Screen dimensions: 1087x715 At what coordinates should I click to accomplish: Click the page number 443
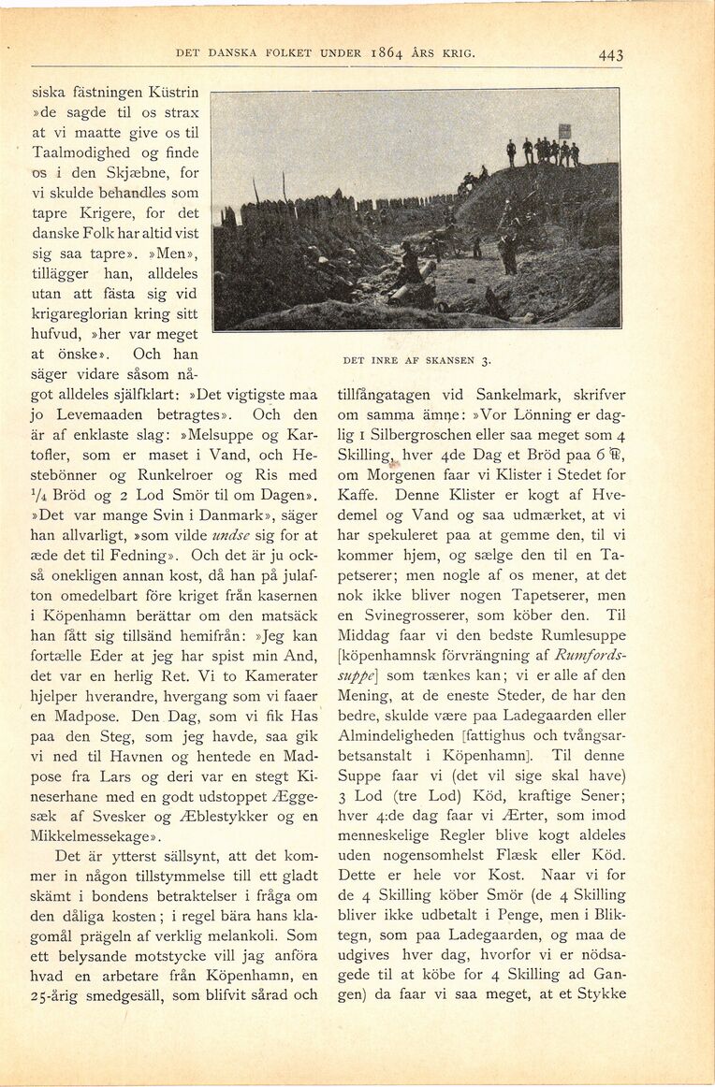[610, 55]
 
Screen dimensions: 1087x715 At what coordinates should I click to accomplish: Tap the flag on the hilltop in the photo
[564, 132]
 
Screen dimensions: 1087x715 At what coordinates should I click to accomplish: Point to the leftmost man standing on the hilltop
[511, 152]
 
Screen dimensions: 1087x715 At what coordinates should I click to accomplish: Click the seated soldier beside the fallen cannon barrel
[409, 265]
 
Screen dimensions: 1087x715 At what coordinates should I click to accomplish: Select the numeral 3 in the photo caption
[487, 360]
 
